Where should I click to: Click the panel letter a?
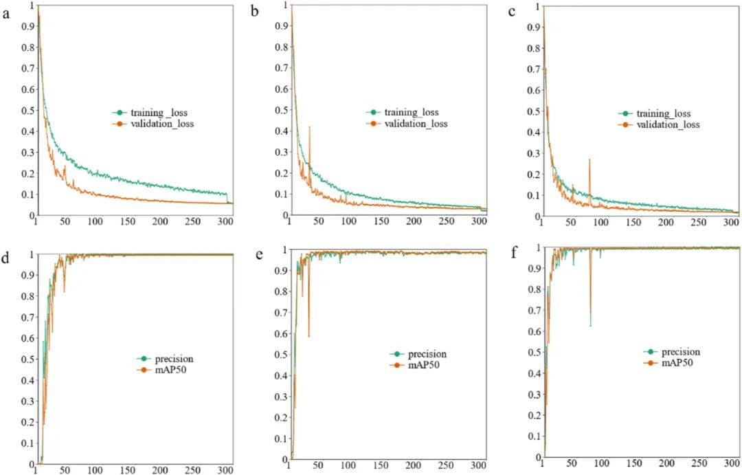pos(7,13)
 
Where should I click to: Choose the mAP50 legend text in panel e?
pos(423,364)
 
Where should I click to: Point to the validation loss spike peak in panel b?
pos(310,127)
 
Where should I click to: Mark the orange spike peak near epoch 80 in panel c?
pos(589,159)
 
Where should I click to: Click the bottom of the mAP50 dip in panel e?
pos(308,336)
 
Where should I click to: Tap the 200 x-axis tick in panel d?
pos(160,470)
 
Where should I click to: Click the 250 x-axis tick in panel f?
pos(699,465)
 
